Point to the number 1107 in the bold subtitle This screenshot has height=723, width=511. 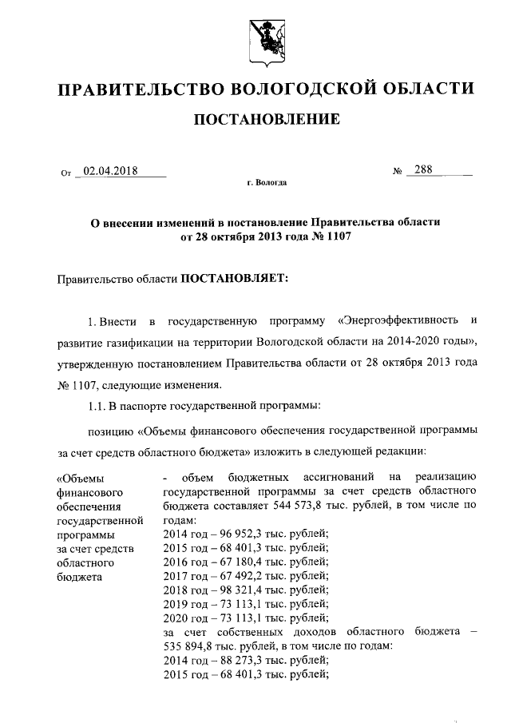click(x=337, y=237)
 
